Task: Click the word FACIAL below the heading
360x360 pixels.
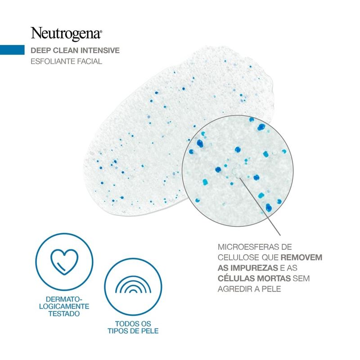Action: pos(89,61)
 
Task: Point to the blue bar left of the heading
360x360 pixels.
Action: pos(12,50)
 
